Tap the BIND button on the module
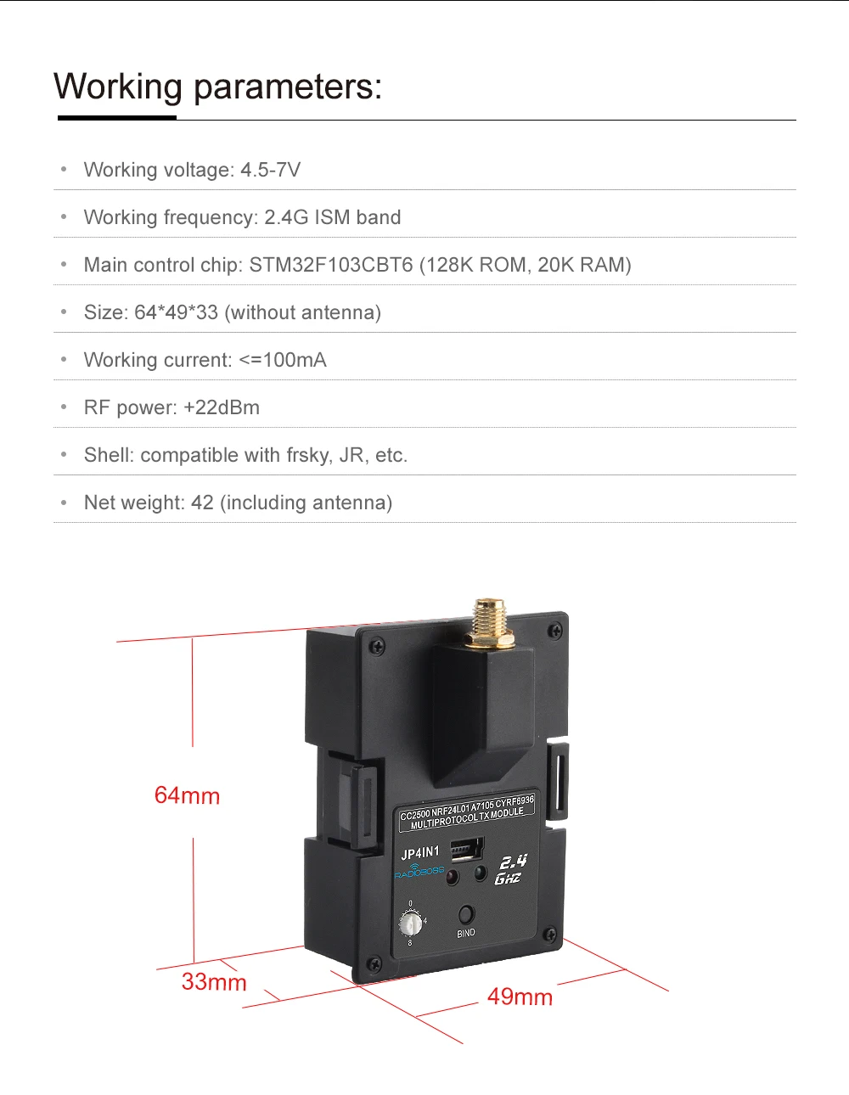(466, 914)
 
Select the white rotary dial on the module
(411, 922)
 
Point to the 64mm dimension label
(187, 795)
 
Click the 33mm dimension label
(214, 982)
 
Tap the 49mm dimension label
(520, 997)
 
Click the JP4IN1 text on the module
(420, 853)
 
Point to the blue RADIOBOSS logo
(419, 871)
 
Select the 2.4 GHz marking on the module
(510, 869)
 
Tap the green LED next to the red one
(480, 872)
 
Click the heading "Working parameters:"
(217, 87)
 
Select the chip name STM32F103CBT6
(331, 265)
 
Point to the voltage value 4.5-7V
(270, 170)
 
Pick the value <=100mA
(283, 360)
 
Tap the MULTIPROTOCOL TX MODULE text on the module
(467, 819)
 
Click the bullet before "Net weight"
(64, 503)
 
